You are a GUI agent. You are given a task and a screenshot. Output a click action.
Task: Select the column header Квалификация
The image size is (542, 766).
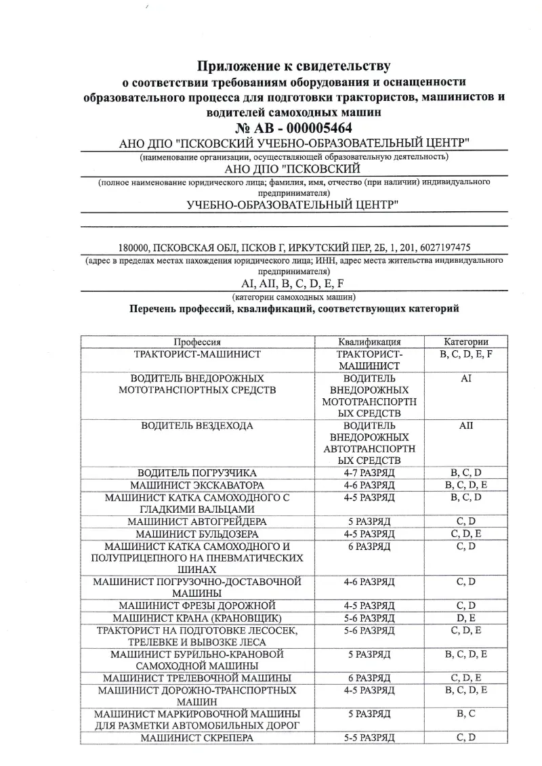coord(369,342)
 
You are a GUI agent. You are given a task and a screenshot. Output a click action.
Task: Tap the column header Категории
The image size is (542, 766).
coord(465,342)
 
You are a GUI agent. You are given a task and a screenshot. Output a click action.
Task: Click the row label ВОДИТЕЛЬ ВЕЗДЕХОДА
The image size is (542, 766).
coord(196,425)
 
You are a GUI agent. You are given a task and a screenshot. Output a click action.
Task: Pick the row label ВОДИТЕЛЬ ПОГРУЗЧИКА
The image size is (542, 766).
coord(196,473)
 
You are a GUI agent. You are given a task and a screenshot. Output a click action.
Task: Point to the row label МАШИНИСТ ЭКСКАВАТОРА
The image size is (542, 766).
coord(196,486)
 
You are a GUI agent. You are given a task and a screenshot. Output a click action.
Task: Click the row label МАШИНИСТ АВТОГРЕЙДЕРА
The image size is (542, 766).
coord(196,522)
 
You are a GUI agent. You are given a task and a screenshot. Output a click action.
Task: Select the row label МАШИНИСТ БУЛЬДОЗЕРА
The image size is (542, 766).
coord(196,534)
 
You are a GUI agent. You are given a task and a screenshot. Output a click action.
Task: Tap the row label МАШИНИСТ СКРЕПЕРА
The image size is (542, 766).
coord(196,738)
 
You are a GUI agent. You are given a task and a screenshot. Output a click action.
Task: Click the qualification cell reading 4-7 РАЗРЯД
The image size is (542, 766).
coord(369,473)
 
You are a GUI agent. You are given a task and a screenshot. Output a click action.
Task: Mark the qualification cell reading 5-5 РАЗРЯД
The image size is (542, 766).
coord(369,738)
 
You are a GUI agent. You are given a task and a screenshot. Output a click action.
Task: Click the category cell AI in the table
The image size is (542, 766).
coord(465,379)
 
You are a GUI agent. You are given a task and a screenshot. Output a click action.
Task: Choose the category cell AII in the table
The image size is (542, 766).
coord(465,425)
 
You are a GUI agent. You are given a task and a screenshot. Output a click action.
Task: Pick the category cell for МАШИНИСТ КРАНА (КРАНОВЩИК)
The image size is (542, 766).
coord(465,618)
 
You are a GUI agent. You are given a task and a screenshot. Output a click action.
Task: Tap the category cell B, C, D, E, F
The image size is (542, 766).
coord(465,354)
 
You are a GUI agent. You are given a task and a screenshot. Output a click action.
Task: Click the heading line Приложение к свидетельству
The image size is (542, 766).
coord(293,66)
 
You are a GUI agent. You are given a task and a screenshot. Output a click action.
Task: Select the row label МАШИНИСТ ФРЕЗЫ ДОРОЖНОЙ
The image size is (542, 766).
coord(196,605)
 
